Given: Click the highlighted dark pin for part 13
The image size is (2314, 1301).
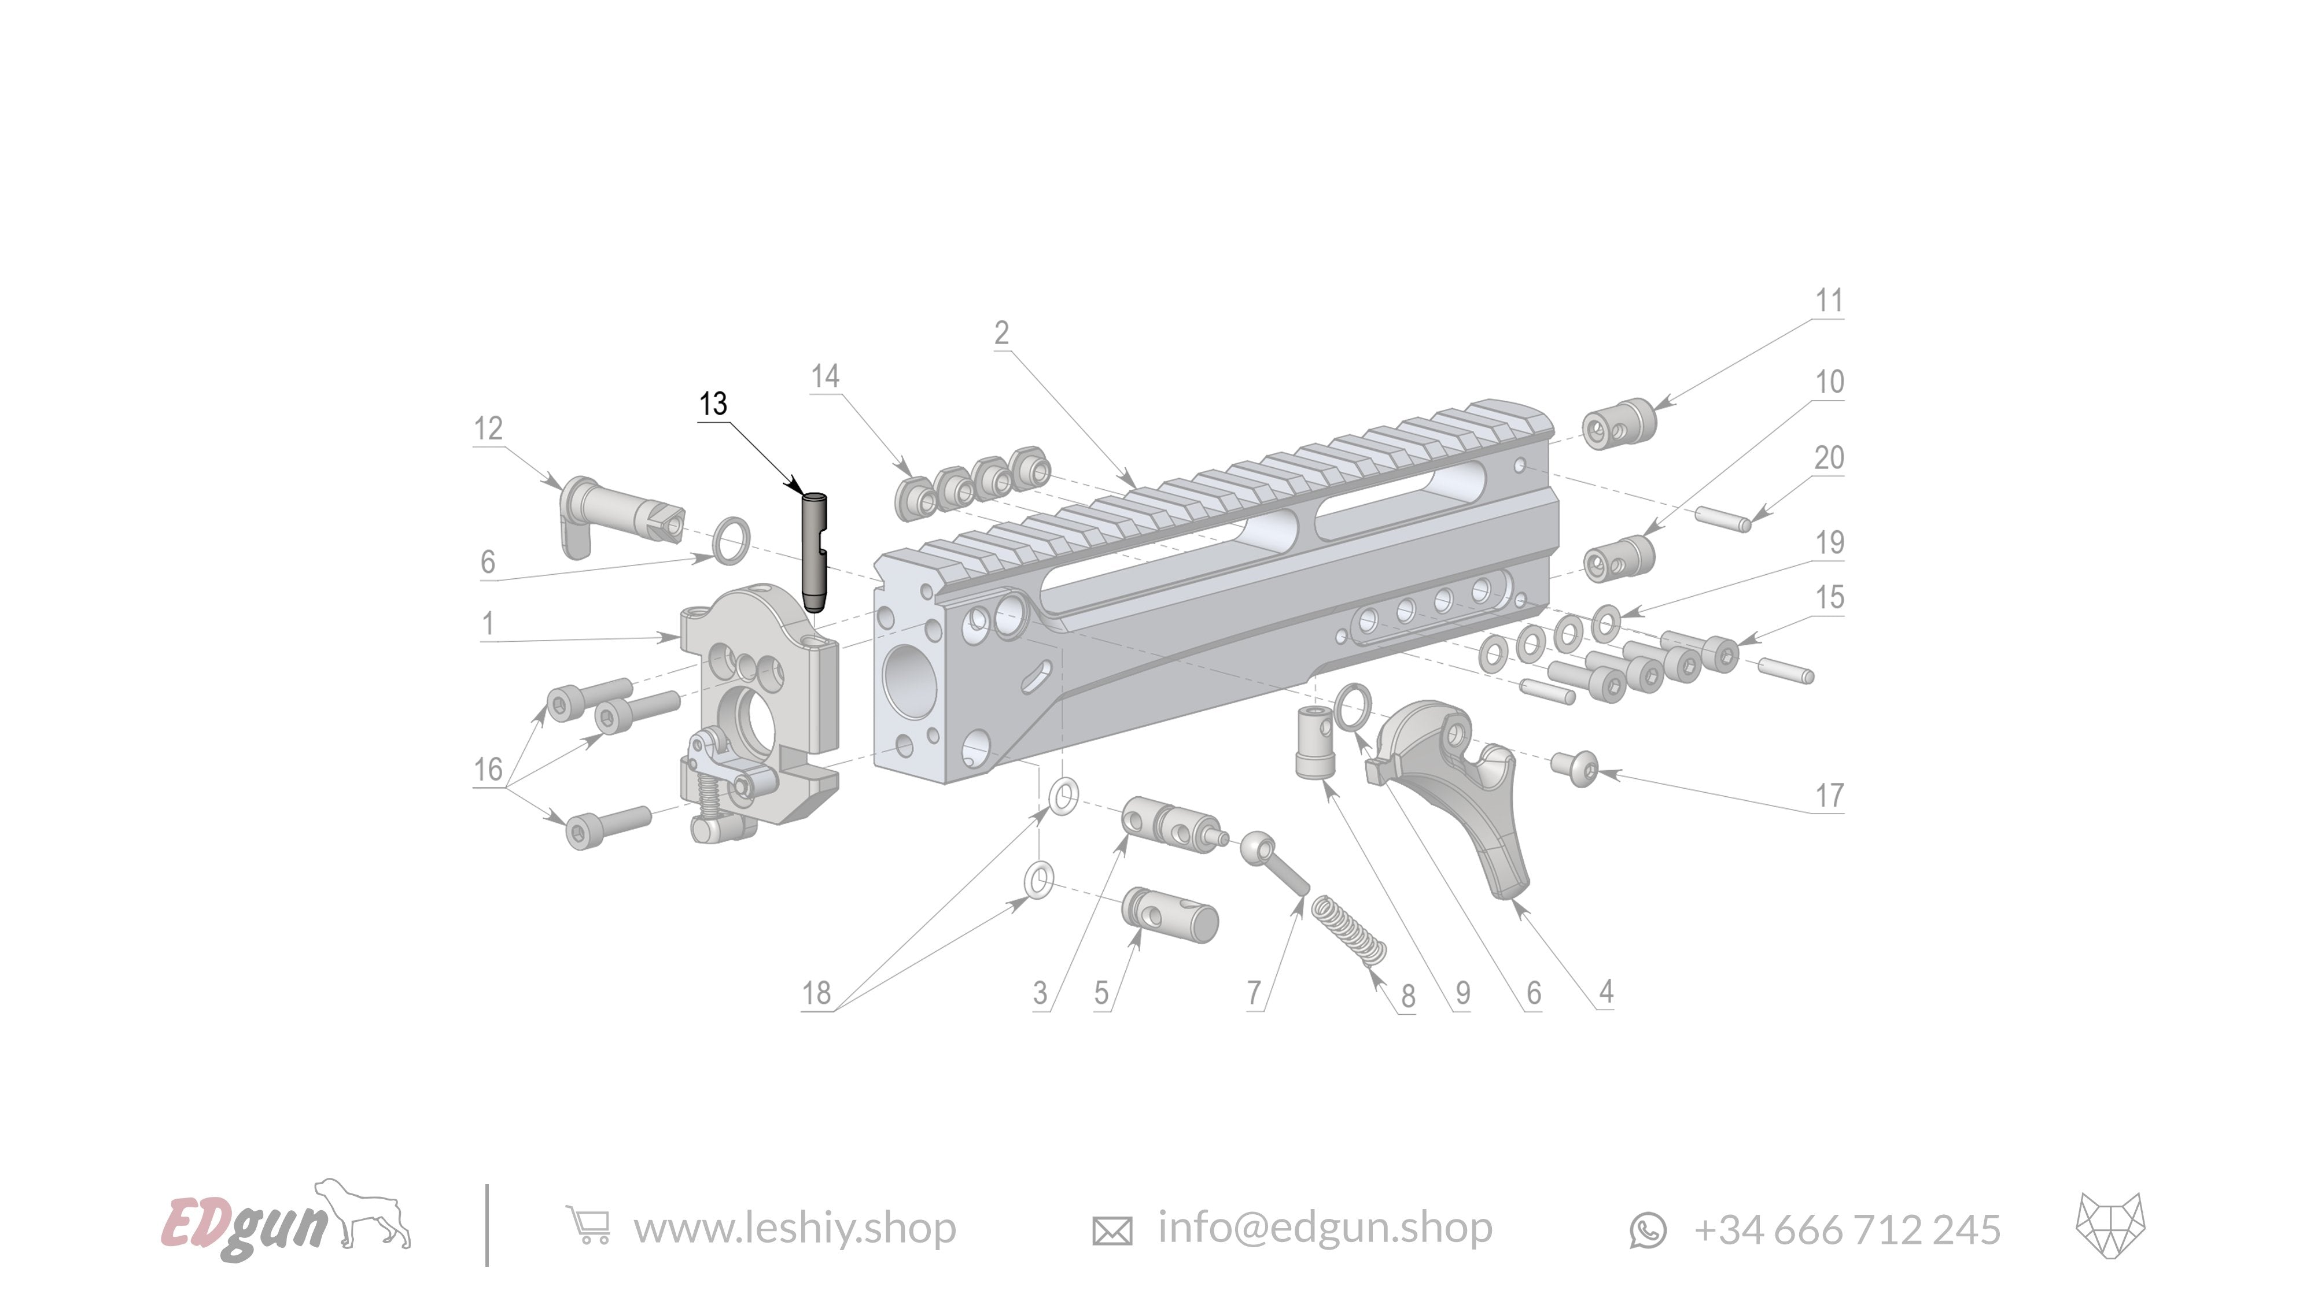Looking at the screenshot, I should (x=814, y=552).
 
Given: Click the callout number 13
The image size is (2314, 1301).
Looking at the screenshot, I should (x=713, y=404).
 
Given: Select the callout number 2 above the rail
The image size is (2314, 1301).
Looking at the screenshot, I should (x=1001, y=333).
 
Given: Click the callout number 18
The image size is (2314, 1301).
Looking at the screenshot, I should (x=816, y=993).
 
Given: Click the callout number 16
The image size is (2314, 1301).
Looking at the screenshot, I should (x=488, y=770).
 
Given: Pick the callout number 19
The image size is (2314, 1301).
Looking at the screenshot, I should (x=1829, y=542).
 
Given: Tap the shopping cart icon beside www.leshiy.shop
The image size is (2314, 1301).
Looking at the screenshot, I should (x=588, y=1226).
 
